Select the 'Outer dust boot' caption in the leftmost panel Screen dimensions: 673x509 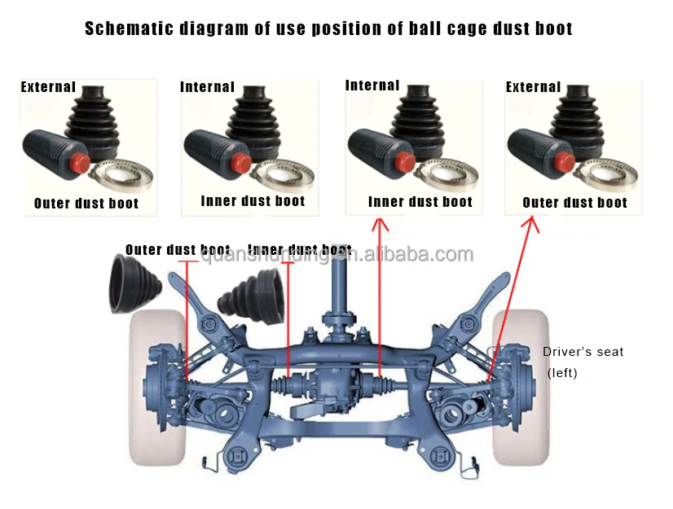pyautogui.click(x=86, y=204)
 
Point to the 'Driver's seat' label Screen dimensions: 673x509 pyautogui.click(x=583, y=352)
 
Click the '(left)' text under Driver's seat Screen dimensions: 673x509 pyautogui.click(x=562, y=372)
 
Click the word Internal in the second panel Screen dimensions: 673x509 pyautogui.click(x=207, y=87)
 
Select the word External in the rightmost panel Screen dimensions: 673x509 pyautogui.click(x=533, y=87)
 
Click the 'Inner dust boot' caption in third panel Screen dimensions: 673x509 pyautogui.click(x=420, y=202)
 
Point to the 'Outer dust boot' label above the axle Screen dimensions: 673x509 pyautogui.click(x=178, y=250)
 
